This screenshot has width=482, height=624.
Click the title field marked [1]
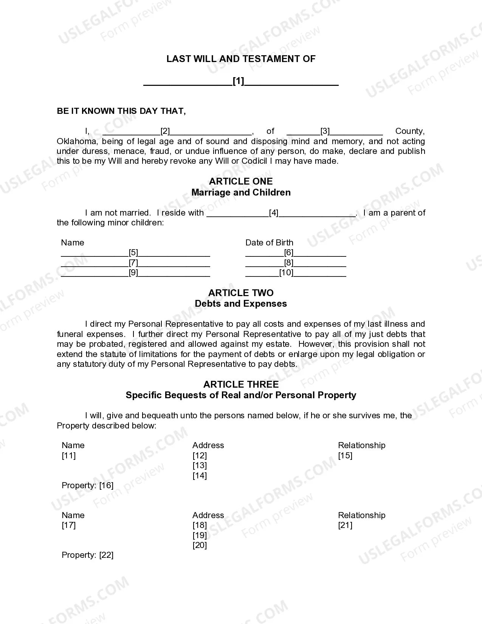tap(241, 81)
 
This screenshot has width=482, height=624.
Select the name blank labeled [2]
tap(177, 132)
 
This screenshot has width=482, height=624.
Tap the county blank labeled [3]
tap(334, 132)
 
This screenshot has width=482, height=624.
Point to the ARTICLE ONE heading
tap(241, 181)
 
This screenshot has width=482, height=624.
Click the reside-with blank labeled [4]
tap(281, 213)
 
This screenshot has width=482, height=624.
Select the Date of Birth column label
tap(269, 242)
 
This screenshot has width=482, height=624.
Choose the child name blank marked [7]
tap(135, 262)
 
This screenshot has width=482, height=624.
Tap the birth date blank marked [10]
tap(296, 273)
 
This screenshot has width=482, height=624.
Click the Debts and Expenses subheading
tap(241, 304)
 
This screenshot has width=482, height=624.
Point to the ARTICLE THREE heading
tap(241, 384)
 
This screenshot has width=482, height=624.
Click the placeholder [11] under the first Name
tap(69, 455)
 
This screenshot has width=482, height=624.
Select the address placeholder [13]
tap(200, 466)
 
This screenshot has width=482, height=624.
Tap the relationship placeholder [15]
tap(345, 455)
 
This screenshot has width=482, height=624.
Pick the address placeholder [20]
tap(200, 545)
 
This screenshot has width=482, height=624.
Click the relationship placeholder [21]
tap(345, 525)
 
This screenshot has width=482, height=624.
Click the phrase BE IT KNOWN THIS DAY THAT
tap(121, 111)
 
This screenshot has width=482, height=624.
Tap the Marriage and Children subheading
tap(241, 192)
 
